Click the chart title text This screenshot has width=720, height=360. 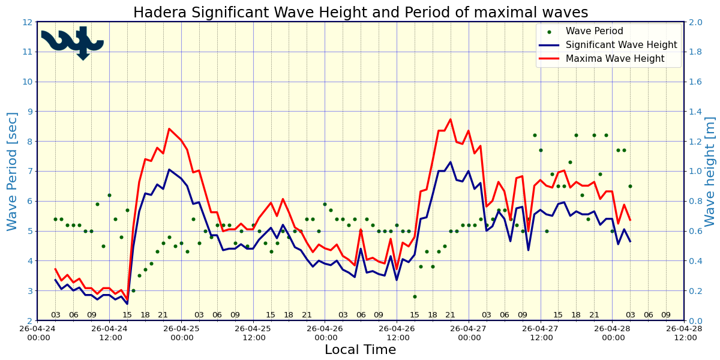point(360,13)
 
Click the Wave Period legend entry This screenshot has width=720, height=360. point(594,31)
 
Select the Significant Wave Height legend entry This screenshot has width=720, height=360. point(621,45)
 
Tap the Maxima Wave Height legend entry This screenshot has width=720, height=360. point(615,59)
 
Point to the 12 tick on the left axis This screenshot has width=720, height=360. point(27,22)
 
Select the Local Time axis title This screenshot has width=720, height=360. point(360,350)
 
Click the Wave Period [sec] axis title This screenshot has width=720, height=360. point(13,171)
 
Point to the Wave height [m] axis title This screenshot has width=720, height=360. point(710,171)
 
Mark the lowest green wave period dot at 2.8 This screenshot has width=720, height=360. point(415,296)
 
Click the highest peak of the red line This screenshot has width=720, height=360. point(451,119)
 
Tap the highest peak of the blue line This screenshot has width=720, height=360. point(451,162)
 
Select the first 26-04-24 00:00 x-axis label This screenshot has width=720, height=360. point(38,333)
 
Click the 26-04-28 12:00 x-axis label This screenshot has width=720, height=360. point(685,333)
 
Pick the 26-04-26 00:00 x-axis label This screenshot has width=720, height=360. point(325,333)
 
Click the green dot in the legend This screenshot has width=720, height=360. point(549,32)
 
